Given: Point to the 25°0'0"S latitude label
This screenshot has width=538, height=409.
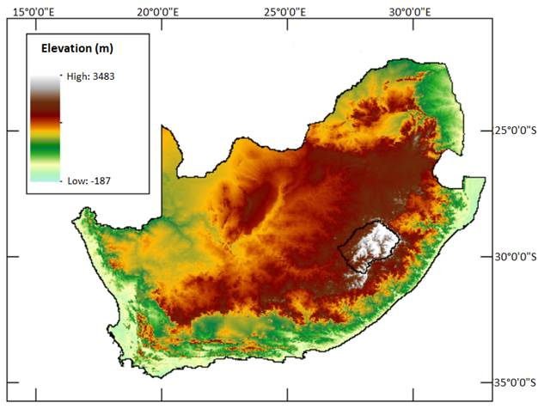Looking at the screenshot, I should point(510,131).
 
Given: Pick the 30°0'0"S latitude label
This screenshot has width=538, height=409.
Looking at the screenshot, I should point(510,257).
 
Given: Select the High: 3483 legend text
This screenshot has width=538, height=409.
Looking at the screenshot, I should point(90,76).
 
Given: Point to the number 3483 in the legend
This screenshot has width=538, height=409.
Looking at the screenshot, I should point(101,76).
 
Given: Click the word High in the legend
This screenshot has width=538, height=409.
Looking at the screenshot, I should point(76,76).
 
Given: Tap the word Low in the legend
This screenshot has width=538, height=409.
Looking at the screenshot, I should point(76,180).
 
